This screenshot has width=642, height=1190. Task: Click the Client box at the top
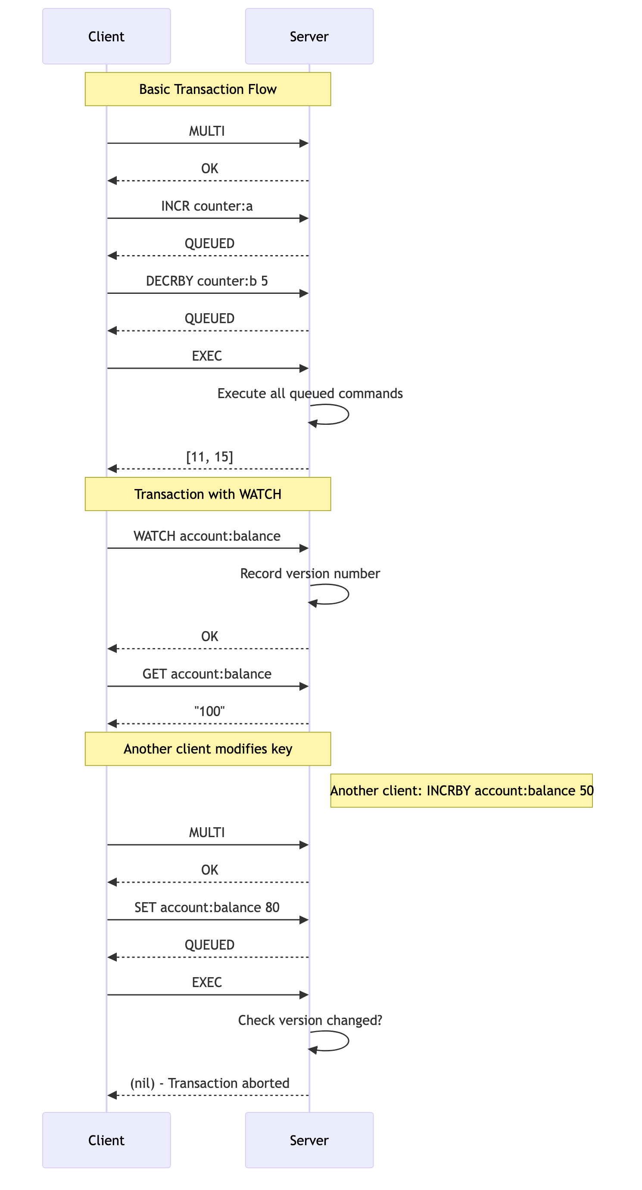pyautogui.click(x=106, y=36)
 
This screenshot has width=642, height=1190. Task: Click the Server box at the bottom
pyautogui.click(x=309, y=1140)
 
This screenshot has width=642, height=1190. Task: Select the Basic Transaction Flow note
pyautogui.click(x=208, y=89)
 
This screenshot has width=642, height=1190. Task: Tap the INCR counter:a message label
pyautogui.click(x=207, y=206)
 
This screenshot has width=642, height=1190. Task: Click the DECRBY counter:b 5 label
pyautogui.click(x=207, y=281)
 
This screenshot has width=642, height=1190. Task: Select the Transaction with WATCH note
pyautogui.click(x=208, y=494)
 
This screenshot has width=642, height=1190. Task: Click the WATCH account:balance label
pyautogui.click(x=207, y=536)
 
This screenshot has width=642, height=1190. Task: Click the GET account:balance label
pyautogui.click(x=207, y=674)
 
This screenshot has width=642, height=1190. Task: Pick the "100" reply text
pyautogui.click(x=209, y=711)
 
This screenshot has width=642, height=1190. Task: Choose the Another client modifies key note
pyautogui.click(x=208, y=749)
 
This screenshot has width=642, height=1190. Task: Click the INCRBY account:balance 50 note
pyautogui.click(x=461, y=791)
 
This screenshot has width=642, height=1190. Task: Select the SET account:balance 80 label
pyautogui.click(x=207, y=907)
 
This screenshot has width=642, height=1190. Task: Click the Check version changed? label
pyautogui.click(x=310, y=1020)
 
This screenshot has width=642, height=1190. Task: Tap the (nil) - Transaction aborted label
pyautogui.click(x=210, y=1083)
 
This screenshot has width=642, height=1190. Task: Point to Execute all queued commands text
pyautogui.click(x=310, y=394)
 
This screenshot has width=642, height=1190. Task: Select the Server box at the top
pyautogui.click(x=309, y=36)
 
